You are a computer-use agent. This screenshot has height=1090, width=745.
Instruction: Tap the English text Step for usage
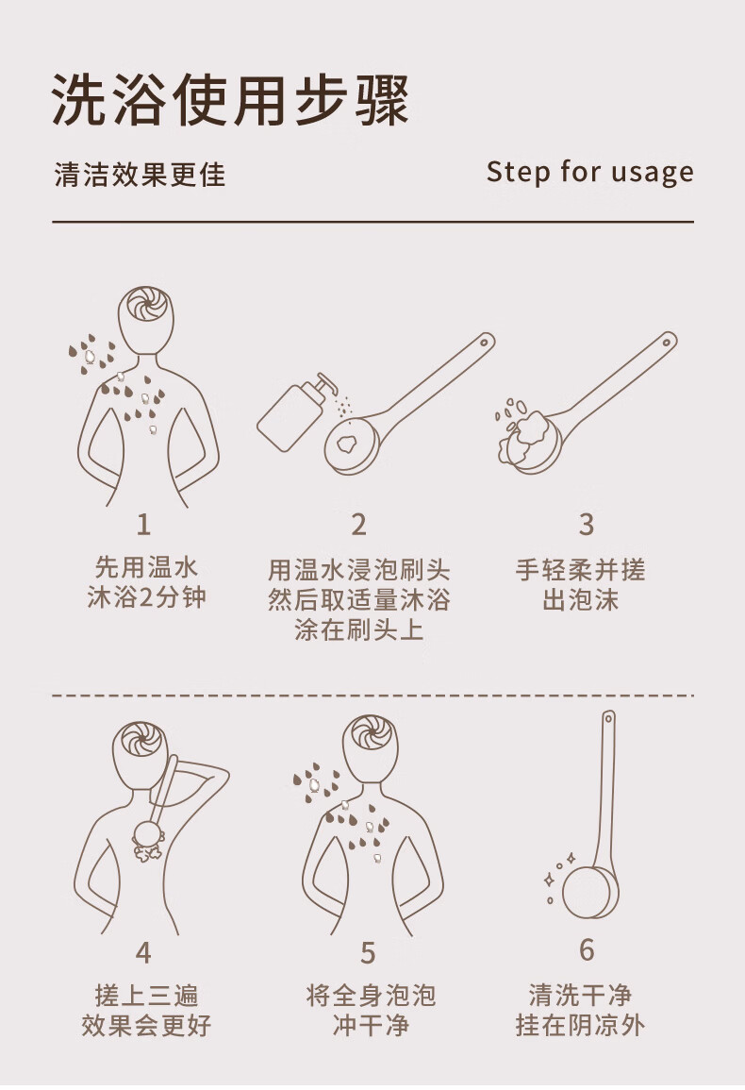pyautogui.click(x=590, y=173)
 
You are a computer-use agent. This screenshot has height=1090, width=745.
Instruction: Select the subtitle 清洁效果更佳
pyautogui.click(x=140, y=175)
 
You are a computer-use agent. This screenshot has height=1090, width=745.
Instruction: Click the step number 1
pyautogui.click(x=144, y=525)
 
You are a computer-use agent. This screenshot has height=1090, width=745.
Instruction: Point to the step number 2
pyautogui.click(x=358, y=525)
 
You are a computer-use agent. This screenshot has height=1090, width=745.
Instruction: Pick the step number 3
pyautogui.click(x=587, y=525)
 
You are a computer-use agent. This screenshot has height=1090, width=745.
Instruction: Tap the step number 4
pyautogui.click(x=144, y=952)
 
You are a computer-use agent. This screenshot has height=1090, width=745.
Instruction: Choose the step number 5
pyautogui.click(x=369, y=952)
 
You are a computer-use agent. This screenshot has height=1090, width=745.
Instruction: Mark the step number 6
pyautogui.click(x=588, y=949)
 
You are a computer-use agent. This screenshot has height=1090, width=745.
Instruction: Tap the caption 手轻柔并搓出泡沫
pyautogui.click(x=580, y=585)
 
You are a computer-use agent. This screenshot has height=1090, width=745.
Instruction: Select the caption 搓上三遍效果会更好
pyautogui.click(x=146, y=1011)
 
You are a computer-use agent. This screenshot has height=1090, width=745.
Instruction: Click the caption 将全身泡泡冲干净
pyautogui.click(x=371, y=1011)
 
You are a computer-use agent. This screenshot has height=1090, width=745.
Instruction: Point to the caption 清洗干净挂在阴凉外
pyautogui.click(x=580, y=1011)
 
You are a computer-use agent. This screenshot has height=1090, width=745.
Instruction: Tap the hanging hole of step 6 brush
pyautogui.click(x=609, y=717)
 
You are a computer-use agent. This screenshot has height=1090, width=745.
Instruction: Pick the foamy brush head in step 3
pyautogui.click(x=530, y=438)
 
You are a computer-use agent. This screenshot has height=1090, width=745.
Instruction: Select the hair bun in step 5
pyautogui.click(x=373, y=732)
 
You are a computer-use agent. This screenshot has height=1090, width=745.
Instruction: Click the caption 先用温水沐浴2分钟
pyautogui.click(x=146, y=583)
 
